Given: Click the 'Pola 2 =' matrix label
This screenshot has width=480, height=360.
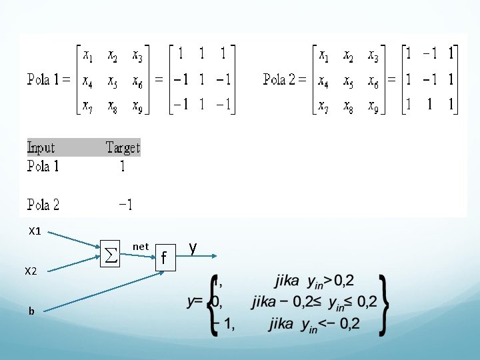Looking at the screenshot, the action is click(289, 80).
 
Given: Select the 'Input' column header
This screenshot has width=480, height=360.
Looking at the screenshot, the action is click(41, 147).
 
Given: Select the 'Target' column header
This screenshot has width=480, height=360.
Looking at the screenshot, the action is click(123, 147).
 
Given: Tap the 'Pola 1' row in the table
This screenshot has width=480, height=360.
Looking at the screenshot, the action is click(43, 166).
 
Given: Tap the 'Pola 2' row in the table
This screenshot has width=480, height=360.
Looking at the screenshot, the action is click(43, 205).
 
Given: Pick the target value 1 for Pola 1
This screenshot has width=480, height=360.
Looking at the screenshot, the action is click(122, 166).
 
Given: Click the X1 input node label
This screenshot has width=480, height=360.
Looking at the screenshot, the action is click(35, 232).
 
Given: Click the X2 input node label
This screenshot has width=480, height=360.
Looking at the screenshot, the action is click(31, 271).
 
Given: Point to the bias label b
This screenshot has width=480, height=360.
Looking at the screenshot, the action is click(31, 310).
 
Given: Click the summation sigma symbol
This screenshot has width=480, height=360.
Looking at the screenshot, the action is click(112, 253).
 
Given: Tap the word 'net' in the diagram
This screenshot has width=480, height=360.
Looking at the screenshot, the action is click(141, 247).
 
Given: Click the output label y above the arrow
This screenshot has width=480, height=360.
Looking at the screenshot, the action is click(193, 247).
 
